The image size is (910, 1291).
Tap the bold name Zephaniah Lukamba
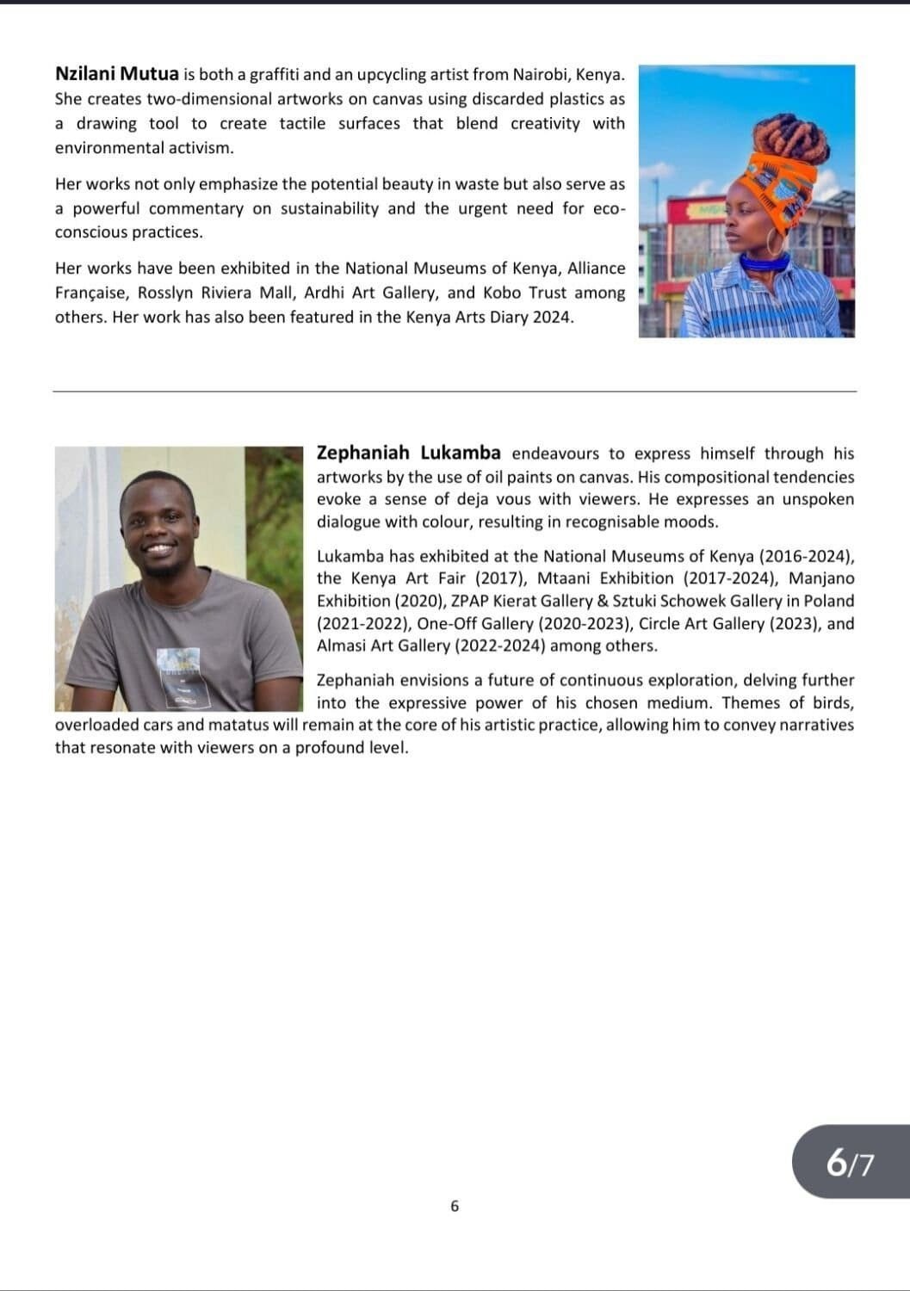[x=408, y=453]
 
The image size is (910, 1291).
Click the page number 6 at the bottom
[x=455, y=1206]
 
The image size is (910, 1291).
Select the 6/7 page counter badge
[x=850, y=1163]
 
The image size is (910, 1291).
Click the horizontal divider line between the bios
[x=455, y=392]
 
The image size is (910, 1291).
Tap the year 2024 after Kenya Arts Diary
[x=551, y=317]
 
